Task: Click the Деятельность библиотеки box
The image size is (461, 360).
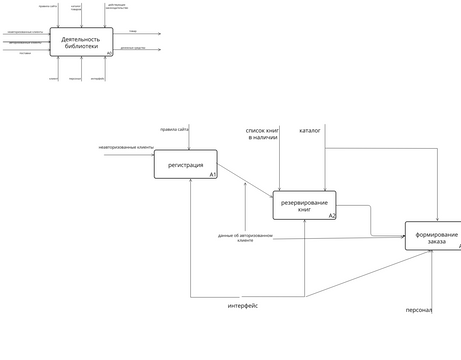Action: coord(80,42)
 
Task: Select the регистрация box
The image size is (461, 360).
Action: coord(185,164)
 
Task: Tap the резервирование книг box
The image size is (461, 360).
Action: coord(304,205)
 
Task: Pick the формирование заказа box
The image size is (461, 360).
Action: coord(432,236)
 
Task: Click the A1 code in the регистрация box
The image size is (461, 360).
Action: coord(212,175)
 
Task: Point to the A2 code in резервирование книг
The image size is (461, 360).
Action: coord(331,215)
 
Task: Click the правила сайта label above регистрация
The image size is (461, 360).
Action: coord(174,129)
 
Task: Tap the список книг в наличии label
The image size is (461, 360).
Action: coord(263,133)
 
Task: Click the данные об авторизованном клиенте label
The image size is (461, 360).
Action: coord(245,238)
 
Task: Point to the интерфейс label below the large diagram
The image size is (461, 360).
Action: coord(242,305)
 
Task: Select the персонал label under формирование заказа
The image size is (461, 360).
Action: coord(418,310)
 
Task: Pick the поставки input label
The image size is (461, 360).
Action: coord(25,53)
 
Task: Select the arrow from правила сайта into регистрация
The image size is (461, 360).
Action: coord(190,140)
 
